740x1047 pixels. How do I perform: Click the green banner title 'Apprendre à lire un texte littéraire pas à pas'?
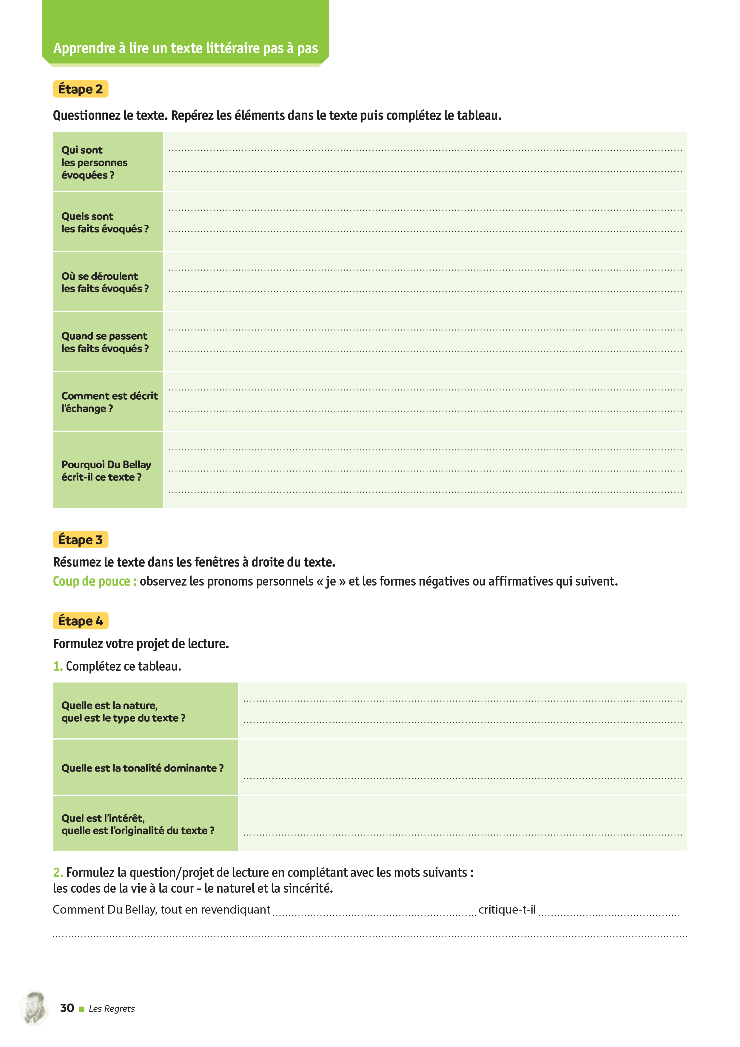tap(186, 48)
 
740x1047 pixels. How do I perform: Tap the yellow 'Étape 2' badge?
tap(81, 89)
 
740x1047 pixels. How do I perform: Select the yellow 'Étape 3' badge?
tap(81, 539)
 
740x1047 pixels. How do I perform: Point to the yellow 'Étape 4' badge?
tap(81, 620)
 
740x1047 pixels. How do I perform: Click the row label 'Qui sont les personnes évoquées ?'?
tap(94, 162)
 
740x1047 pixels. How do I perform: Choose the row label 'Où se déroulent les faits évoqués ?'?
tap(105, 282)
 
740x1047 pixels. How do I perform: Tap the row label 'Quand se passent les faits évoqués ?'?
tap(105, 342)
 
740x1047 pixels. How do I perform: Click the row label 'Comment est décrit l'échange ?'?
tap(110, 402)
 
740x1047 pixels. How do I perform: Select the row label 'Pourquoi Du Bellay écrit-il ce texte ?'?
tap(106, 471)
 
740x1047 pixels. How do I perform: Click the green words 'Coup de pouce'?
tap(94, 581)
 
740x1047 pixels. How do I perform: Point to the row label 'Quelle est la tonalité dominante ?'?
tap(142, 768)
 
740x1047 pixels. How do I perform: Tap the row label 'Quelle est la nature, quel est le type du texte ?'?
tap(123, 711)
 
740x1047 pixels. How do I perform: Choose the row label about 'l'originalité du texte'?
tap(138, 824)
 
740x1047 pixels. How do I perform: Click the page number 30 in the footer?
tap(67, 1008)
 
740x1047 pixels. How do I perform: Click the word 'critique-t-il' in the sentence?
tap(507, 909)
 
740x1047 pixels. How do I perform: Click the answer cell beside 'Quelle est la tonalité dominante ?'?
tap(462, 767)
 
